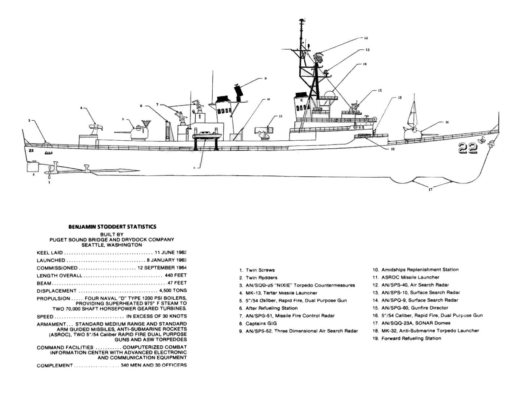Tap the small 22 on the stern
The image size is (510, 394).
click(x=31, y=150)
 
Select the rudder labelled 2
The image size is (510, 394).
click(x=32, y=167)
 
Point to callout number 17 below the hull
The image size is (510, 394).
click(x=431, y=190)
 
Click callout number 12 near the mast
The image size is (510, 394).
click(x=366, y=38)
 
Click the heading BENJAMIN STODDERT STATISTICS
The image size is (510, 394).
click(x=112, y=227)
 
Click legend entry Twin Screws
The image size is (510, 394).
click(x=260, y=270)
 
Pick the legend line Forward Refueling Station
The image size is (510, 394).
click(x=411, y=338)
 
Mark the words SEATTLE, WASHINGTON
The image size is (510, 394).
click(x=112, y=245)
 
